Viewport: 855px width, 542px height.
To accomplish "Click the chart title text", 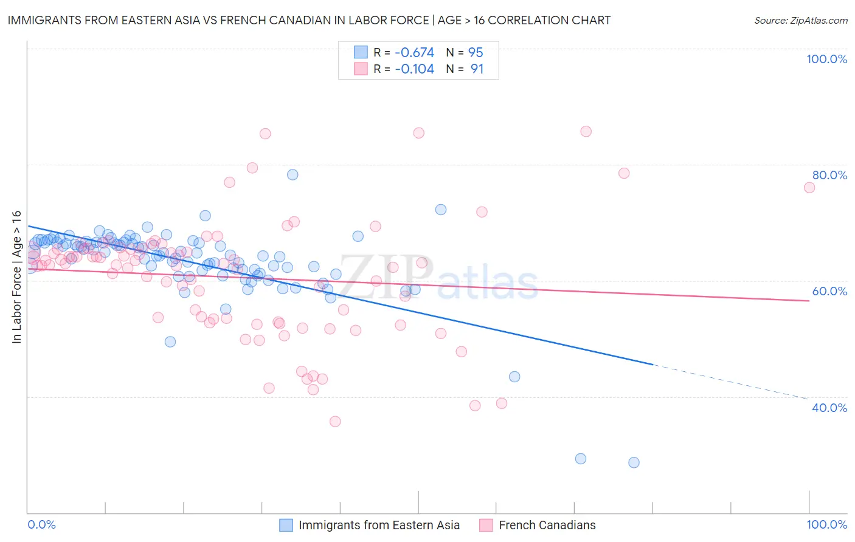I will pos(309,20).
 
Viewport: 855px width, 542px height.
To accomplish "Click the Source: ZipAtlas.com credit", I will pos(800,20).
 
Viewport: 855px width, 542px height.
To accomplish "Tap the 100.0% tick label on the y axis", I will pos(826,59).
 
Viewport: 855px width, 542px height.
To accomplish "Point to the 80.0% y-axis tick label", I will pos(829,175).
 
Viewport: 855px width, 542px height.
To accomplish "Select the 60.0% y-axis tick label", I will pos(829,291).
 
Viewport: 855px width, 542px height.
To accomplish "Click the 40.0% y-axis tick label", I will pos(829,408).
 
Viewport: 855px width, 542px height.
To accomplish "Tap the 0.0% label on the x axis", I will pos(41,524).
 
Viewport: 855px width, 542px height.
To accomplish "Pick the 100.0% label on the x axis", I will pos(826,524).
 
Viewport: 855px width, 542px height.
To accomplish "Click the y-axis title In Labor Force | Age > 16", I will pos(16,277).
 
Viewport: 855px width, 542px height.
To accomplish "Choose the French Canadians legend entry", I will pos(547,525).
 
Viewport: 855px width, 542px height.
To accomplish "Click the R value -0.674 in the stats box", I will pos(414,52).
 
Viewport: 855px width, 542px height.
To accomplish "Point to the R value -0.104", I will pos(414,69).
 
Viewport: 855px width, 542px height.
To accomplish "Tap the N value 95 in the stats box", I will pos(476,52).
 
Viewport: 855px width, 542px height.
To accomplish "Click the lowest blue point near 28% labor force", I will pos(634,462).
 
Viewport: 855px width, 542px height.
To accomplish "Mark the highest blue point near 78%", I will pos(292,174).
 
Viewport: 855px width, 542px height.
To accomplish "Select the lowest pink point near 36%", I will pos(335,421).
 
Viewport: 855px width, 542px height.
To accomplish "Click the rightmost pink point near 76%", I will pos(809,188).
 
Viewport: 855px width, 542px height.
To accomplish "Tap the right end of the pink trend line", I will pos(808,301).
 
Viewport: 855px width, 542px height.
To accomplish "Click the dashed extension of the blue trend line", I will pos(730,381).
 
